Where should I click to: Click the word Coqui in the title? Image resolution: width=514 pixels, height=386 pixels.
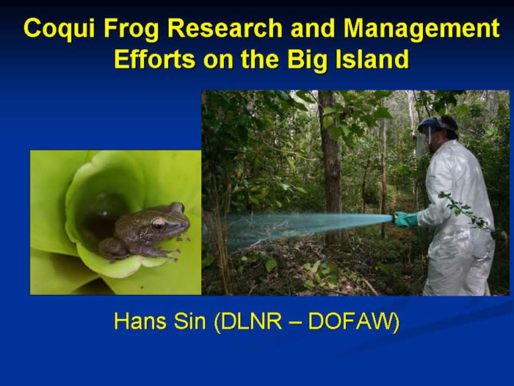click(59, 29)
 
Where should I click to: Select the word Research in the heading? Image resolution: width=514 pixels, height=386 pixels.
click(225, 28)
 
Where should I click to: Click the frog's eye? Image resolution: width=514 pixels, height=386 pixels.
click(159, 224)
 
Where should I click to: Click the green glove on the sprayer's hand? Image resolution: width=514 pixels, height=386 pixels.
click(405, 219)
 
